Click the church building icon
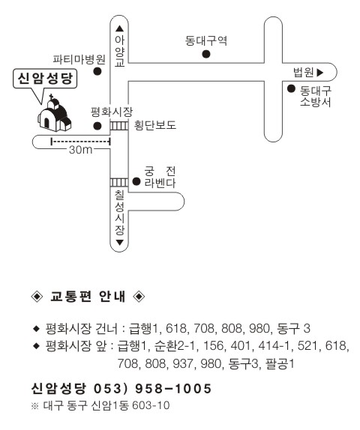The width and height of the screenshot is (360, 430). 54,115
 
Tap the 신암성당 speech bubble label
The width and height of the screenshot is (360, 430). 45,79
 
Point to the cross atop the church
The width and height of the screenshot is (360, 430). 51,97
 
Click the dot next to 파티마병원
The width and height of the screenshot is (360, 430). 97,71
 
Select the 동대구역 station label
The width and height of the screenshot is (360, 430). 206,41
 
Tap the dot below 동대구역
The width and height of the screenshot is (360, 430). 206,54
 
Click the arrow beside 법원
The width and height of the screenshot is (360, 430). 320,73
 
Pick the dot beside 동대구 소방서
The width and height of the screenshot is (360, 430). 291,88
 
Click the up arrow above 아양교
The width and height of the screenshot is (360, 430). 120,28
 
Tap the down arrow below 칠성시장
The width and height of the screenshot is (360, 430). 120,243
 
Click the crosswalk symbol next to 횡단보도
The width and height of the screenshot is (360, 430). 119,126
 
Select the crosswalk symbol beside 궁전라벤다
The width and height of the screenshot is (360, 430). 119,182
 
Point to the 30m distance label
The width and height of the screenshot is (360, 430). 81,150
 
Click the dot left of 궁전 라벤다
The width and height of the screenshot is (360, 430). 136,181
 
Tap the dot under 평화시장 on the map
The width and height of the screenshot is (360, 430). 97,126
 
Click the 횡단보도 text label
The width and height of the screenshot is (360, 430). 154,125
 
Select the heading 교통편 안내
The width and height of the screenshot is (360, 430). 88,297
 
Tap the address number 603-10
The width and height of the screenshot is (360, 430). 151,405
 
